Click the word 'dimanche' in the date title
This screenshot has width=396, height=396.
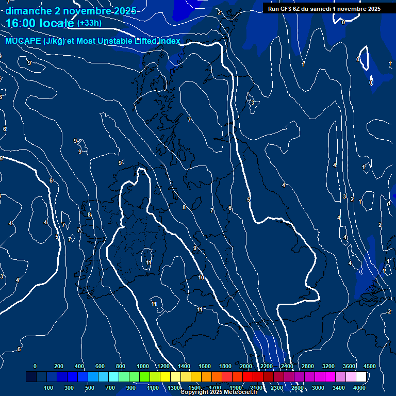point(28,11)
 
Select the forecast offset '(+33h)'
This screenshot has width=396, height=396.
point(89,23)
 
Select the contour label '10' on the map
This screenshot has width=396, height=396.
point(201,278)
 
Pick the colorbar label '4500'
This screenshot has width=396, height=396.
point(370,366)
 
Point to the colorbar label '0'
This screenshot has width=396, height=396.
point(35,366)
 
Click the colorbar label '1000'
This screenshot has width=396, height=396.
point(142,366)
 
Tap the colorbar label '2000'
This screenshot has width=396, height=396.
point(246,366)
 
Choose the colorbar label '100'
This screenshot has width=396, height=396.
point(49,388)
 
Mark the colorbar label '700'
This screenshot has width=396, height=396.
point(111,388)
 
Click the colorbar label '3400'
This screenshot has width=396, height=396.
point(339,388)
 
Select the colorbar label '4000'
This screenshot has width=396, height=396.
point(359,388)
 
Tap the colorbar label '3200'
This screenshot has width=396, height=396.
point(328,366)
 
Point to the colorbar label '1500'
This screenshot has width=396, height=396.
point(194,388)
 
